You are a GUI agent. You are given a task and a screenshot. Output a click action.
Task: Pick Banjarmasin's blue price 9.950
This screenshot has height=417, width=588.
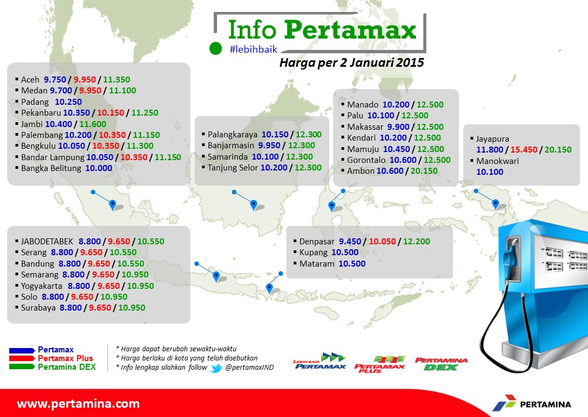click(x=271, y=145)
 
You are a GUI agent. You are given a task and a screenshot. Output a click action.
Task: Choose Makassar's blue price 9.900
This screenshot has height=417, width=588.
click(x=399, y=127)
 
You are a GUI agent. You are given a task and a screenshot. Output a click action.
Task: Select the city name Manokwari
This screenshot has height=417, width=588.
click(x=498, y=161)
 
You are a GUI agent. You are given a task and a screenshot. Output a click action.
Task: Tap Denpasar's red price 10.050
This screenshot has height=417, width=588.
click(x=384, y=241)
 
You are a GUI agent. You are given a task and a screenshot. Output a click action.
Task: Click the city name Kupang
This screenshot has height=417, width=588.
click(x=314, y=252)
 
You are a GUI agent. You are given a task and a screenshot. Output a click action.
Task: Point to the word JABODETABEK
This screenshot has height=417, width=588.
click(x=47, y=241)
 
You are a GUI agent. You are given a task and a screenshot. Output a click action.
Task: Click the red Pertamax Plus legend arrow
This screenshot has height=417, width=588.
click(x=22, y=358)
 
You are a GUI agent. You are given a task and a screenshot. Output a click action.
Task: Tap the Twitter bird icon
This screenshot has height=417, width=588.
click(x=216, y=368)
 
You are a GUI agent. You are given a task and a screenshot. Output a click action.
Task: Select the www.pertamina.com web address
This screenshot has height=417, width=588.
click(x=78, y=404)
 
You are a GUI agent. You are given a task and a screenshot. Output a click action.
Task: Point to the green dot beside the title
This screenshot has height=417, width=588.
click(x=216, y=48)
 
